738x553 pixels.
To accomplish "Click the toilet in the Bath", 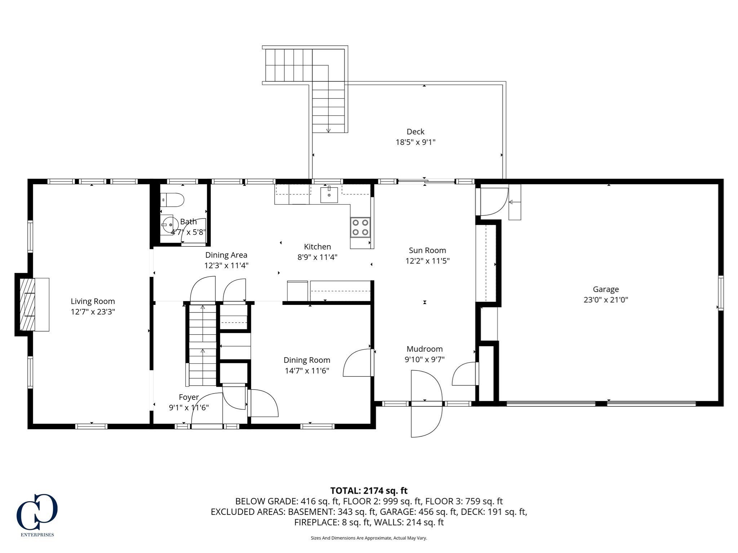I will (x=173, y=199).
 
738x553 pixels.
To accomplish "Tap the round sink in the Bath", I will (x=167, y=224).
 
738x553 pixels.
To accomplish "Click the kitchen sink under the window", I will (x=329, y=195).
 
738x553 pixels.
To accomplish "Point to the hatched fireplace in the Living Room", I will (x=27, y=305).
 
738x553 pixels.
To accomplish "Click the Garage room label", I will (x=606, y=289).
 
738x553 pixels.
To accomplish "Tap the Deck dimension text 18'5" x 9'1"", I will (x=415, y=142).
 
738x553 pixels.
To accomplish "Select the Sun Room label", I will (x=427, y=250).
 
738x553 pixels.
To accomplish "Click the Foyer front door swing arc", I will (x=205, y=409).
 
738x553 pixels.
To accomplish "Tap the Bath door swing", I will (x=194, y=231).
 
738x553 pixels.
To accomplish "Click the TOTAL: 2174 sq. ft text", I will (x=369, y=490).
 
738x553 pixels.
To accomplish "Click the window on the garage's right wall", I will (x=720, y=292).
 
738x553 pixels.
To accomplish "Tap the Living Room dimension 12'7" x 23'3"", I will (x=93, y=312).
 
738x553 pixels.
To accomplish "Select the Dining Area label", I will (x=226, y=255).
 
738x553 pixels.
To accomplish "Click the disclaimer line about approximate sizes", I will (x=369, y=538).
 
